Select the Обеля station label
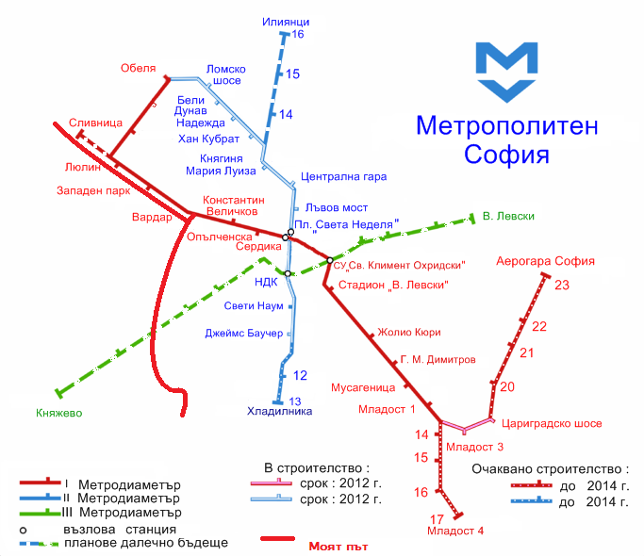click(138, 68)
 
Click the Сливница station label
click(95, 123)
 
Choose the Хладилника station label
click(279, 411)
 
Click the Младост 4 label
click(455, 531)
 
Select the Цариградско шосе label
click(553, 424)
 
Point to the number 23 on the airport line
click(563, 286)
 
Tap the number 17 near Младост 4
click(437, 520)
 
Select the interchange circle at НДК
click(289, 273)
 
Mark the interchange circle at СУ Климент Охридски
click(330, 259)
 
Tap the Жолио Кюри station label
click(409, 332)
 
